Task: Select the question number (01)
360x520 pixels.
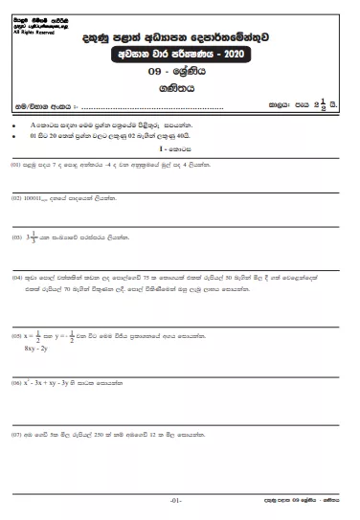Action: click(x=16, y=164)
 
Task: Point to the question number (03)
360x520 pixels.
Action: click(x=16, y=236)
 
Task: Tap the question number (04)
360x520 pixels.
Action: click(x=16, y=276)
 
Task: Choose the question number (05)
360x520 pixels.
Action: click(x=16, y=337)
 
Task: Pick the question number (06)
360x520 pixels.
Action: click(x=16, y=381)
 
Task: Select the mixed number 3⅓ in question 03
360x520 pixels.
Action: click(x=34, y=235)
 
